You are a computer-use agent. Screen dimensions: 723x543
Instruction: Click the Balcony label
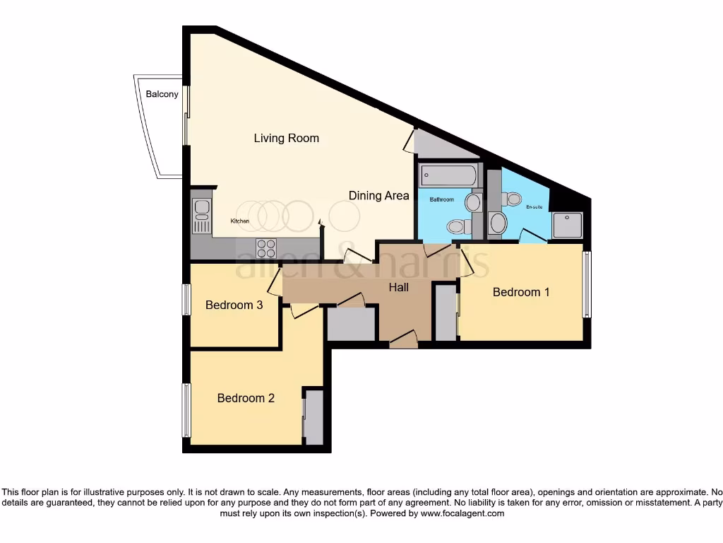(x=162, y=94)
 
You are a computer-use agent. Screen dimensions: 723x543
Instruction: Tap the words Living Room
(x=287, y=138)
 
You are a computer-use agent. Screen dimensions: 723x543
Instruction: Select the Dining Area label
(x=378, y=196)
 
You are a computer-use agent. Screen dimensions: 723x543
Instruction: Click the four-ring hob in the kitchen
(x=266, y=248)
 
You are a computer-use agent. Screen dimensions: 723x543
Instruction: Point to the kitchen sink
(x=201, y=216)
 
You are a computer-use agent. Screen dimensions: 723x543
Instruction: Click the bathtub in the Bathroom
(x=448, y=175)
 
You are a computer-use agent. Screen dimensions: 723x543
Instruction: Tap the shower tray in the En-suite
(x=568, y=226)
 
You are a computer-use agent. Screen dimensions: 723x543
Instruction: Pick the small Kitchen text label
(x=240, y=221)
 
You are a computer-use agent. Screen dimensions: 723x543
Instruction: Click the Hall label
(x=398, y=288)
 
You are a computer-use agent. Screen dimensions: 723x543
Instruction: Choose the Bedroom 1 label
(x=521, y=292)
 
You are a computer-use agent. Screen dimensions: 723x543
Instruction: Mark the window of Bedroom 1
(x=587, y=284)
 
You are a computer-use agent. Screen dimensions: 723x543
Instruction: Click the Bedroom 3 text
(x=234, y=305)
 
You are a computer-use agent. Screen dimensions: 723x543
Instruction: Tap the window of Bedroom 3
(x=186, y=300)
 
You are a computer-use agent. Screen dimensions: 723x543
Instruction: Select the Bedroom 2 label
(x=246, y=399)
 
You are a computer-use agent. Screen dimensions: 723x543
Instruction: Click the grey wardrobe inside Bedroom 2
(x=314, y=418)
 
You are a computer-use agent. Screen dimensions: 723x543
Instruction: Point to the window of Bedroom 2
(x=186, y=410)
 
